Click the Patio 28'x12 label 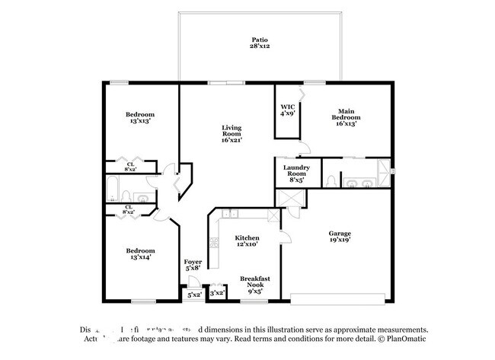pos(260,43)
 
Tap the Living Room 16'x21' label pos(232,134)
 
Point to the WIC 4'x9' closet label pos(288,110)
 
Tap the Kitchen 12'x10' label pos(246,241)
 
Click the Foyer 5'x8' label pos(193,265)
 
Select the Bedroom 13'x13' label pos(140,117)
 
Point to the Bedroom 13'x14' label pos(140,253)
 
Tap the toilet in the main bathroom pos(331,180)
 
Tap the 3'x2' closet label pos(217,292)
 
